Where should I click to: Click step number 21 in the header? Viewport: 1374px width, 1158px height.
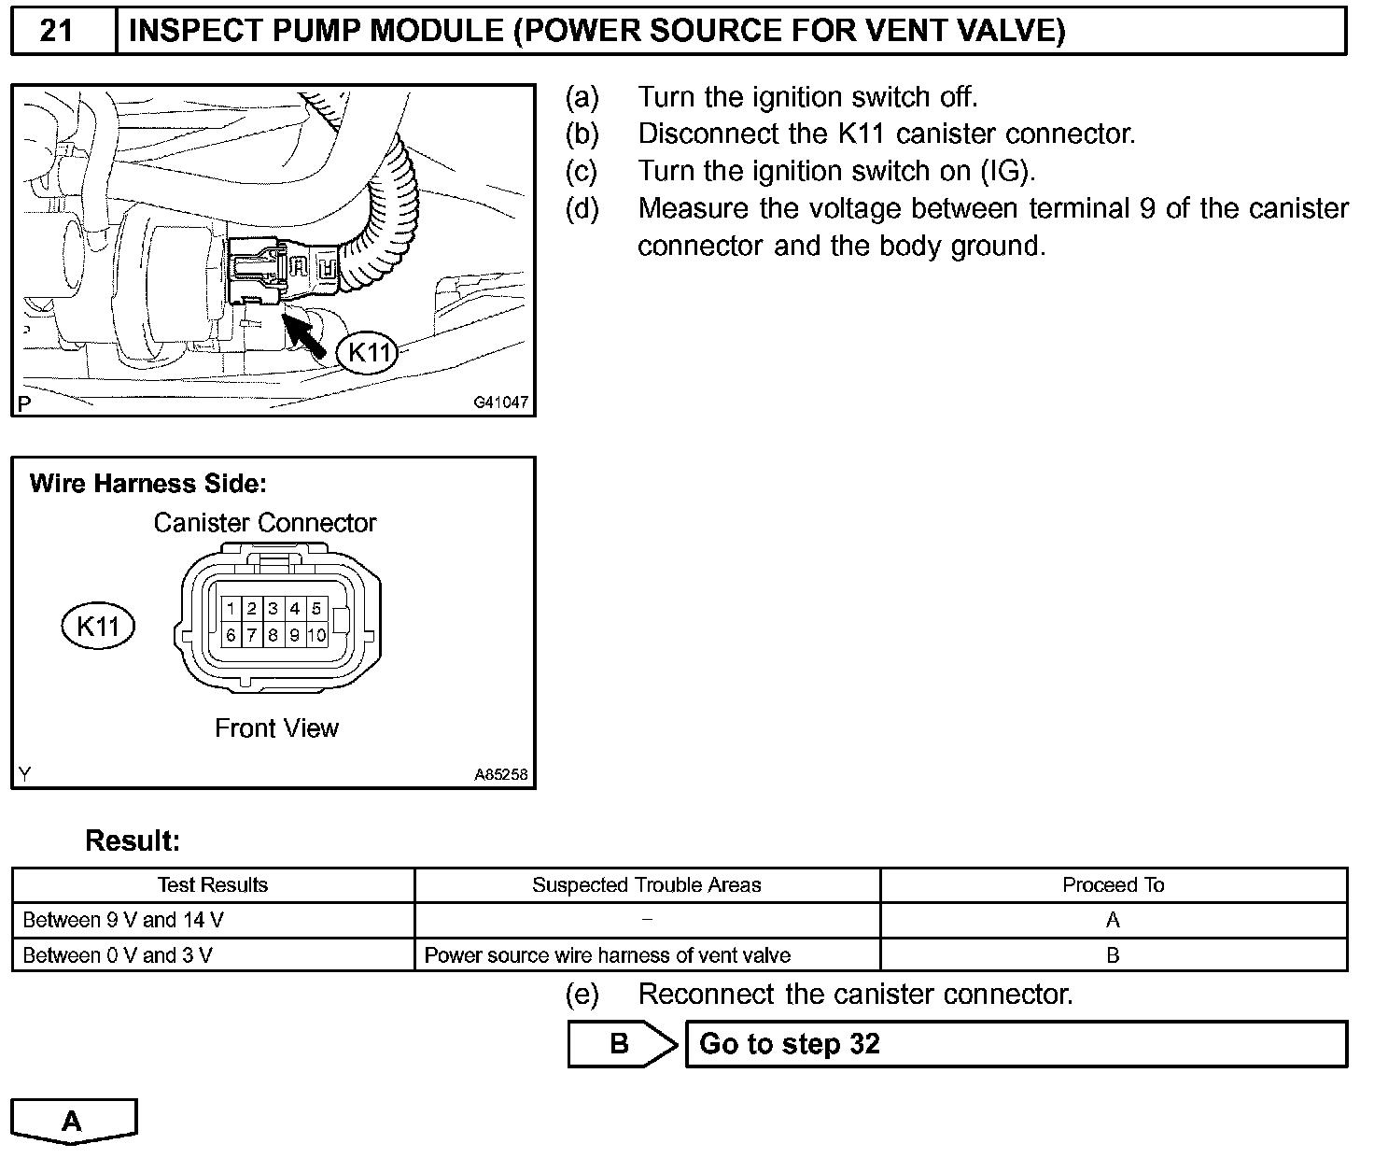click(57, 32)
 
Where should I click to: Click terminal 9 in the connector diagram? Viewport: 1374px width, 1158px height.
click(294, 636)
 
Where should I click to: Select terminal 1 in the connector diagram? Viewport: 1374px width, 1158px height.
click(231, 609)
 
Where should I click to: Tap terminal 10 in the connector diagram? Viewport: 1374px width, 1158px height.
click(316, 636)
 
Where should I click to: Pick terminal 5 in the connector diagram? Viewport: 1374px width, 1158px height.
click(316, 609)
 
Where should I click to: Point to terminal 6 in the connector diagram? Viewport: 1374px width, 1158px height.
click(231, 636)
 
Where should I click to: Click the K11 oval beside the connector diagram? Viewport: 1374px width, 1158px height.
click(98, 627)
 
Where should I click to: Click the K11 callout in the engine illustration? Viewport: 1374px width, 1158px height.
click(368, 353)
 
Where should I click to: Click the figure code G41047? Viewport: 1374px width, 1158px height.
click(500, 402)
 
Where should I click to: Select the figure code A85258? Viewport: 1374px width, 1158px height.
click(500, 774)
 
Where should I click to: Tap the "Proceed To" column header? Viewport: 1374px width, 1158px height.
click(1113, 885)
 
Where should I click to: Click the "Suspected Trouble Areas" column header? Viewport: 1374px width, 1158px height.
click(646, 885)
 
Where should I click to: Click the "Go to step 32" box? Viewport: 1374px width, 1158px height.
click(1016, 1044)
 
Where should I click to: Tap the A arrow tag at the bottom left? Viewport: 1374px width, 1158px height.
click(73, 1121)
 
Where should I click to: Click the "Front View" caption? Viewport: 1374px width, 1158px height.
click(276, 728)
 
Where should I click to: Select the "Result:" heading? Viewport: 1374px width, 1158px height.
click(132, 841)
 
